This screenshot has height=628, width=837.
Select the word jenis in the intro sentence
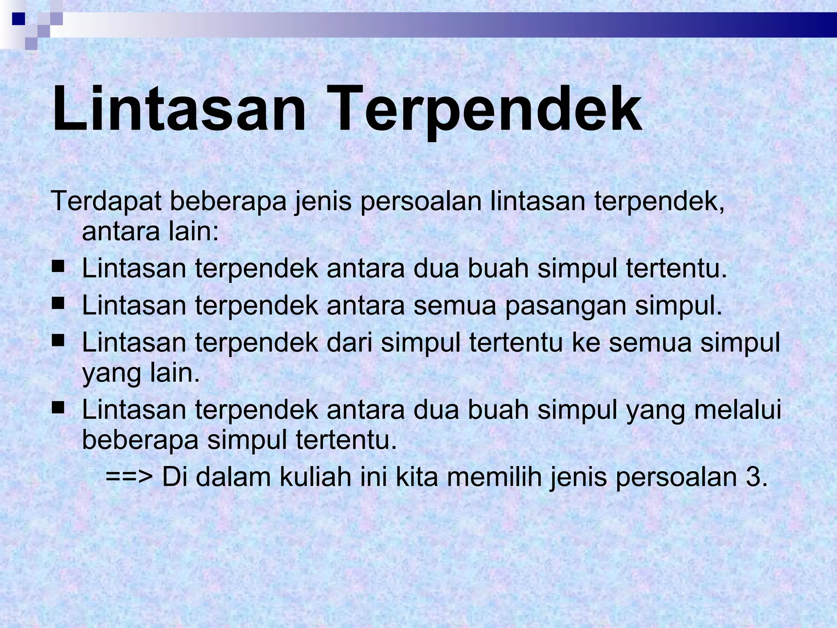click(323, 201)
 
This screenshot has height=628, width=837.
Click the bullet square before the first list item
click(58, 267)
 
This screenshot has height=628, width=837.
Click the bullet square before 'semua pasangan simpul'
click(58, 304)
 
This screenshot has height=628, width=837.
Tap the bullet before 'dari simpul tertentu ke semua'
click(58, 340)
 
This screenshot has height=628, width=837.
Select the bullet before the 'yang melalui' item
click(58, 407)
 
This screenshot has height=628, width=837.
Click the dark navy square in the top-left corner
click(18, 18)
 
